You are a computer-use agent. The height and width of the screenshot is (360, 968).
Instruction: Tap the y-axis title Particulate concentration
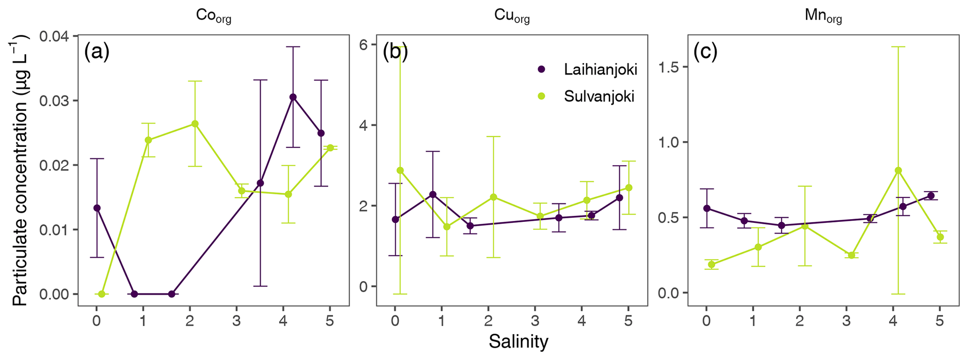20,171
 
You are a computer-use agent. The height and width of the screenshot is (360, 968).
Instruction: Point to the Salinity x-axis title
518,342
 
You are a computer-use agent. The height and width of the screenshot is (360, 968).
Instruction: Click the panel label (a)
97,52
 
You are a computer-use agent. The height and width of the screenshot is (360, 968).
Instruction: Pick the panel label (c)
705,52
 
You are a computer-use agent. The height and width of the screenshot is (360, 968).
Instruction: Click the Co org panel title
213,16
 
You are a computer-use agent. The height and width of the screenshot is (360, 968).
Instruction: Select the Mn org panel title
823,16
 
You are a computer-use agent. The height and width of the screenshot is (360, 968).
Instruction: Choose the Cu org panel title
512,16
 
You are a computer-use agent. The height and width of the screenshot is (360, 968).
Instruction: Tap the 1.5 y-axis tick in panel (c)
669,67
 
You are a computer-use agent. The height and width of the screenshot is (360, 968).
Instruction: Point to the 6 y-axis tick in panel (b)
361,44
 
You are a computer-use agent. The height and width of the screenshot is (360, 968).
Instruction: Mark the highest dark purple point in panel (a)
293,97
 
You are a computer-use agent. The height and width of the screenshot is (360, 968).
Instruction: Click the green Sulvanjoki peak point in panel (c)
898,170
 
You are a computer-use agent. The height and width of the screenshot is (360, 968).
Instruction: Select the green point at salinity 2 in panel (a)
195,124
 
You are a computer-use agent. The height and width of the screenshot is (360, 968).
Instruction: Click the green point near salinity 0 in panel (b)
400,170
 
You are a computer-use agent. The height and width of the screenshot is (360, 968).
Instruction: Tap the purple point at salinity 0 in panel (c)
707,208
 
